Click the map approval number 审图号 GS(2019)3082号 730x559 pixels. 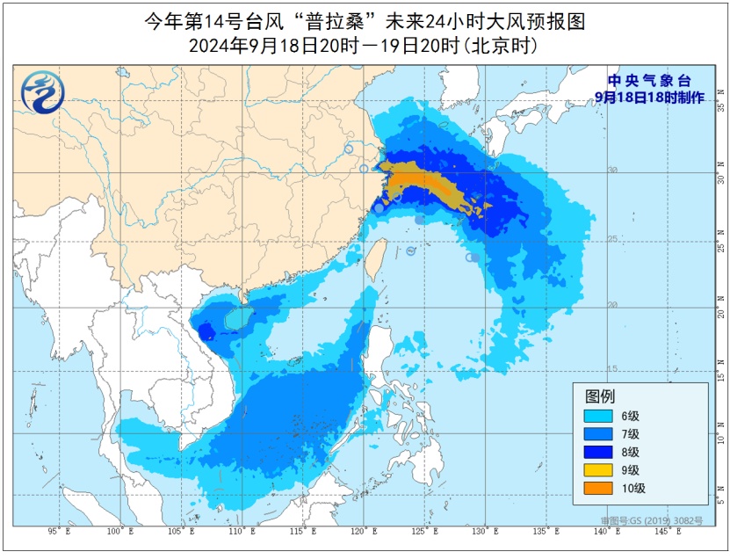(x=651, y=520)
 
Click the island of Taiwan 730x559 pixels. (x=372, y=257)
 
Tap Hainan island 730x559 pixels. (x=235, y=320)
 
